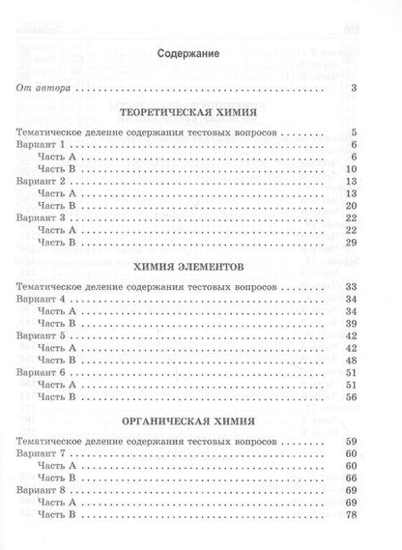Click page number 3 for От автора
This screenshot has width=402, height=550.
click(356, 89)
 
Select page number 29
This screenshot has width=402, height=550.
click(353, 245)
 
